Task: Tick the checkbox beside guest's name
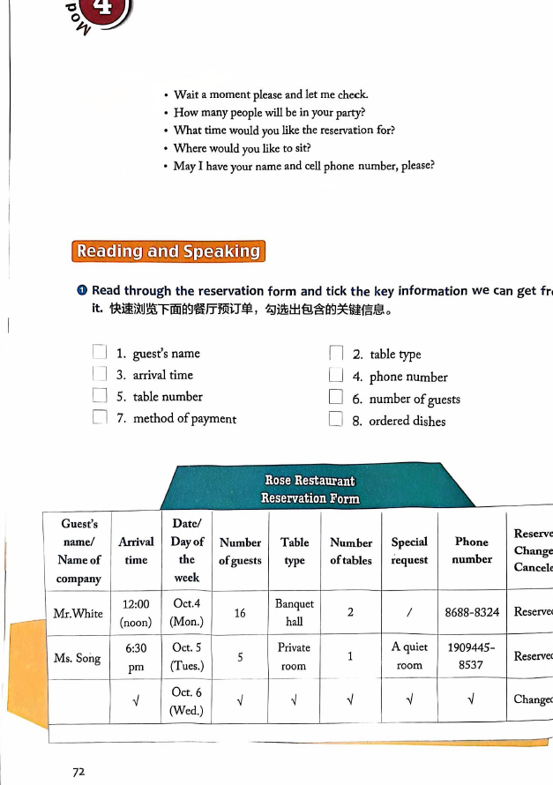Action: (101, 353)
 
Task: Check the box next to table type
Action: (336, 354)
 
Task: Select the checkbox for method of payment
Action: (101, 418)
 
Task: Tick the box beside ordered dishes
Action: (335, 420)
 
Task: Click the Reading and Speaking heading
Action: (168, 251)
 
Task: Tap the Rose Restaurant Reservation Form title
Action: (310, 490)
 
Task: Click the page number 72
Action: (78, 771)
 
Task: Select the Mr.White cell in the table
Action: (78, 613)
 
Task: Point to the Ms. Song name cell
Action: (78, 658)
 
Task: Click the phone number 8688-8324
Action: (472, 612)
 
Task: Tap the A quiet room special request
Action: (409, 656)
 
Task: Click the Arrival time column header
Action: (136, 550)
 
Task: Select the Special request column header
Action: (409, 550)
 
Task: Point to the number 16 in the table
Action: (240, 613)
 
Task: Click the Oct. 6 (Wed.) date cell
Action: (186, 701)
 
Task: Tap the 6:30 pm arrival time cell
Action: (136, 658)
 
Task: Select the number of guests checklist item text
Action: (415, 399)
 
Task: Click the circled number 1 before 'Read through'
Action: (82, 291)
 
